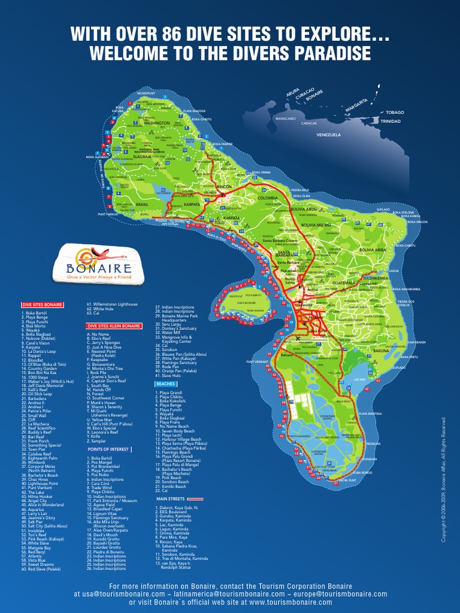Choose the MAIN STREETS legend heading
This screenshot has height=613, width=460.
pyautogui.click(x=170, y=498)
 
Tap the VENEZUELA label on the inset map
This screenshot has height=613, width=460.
pyautogui.click(x=329, y=135)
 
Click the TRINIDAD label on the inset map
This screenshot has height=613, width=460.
pyautogui.click(x=390, y=121)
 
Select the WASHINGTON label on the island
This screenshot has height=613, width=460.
pyautogui.click(x=157, y=123)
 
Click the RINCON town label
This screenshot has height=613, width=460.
pyautogui.click(x=224, y=186)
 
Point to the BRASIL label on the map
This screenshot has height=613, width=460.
pyautogui.click(x=142, y=204)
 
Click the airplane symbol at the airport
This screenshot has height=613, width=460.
pyautogui.click(x=298, y=339)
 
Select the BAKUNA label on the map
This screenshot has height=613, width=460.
pyautogui.click(x=381, y=350)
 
